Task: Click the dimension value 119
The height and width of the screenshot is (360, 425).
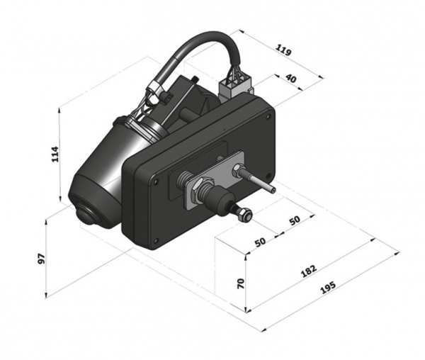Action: pos(283,50)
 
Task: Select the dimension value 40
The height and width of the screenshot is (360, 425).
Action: pos(291,79)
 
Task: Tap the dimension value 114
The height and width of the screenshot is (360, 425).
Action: pos(55,154)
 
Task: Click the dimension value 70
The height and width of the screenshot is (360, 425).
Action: pos(241,283)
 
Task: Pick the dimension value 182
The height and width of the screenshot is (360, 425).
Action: pos(309,271)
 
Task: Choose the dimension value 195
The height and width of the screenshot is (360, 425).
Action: pos(328,288)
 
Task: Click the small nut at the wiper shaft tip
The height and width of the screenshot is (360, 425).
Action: pos(244,213)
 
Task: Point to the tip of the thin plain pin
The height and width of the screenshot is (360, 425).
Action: pos(273,190)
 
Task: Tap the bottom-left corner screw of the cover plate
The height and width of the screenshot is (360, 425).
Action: pos(155,241)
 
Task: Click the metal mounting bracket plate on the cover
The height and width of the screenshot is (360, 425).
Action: pos(214,179)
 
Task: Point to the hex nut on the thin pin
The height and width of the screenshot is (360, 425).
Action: pos(238,171)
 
